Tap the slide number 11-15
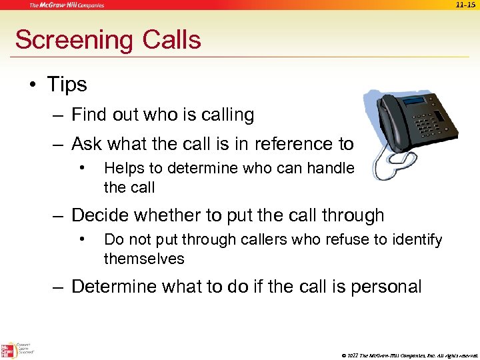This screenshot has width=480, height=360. click(x=465, y=5)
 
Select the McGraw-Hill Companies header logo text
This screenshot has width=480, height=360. click(x=67, y=5)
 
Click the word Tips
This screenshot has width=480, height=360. click(x=67, y=85)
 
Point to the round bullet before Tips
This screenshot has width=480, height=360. click(x=33, y=85)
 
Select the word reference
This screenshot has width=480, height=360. click(x=288, y=143)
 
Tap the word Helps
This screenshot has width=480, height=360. click(x=123, y=169)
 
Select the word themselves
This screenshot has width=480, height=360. click(x=144, y=258)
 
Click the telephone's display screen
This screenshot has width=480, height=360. click(x=413, y=102)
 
